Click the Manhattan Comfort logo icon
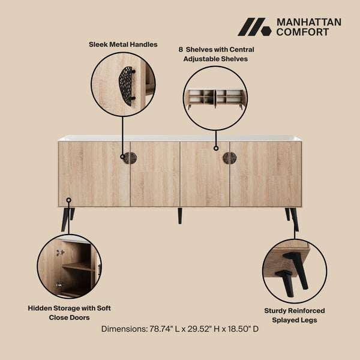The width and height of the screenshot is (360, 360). click(254, 27)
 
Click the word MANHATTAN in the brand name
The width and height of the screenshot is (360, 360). click(308, 22)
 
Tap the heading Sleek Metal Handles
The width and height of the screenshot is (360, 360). click(123, 44)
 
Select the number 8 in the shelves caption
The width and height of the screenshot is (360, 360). click(180, 49)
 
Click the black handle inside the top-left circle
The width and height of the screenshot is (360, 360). click(126, 85)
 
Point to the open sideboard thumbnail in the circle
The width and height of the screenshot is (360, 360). click(215, 98)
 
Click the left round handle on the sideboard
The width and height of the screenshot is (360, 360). click(130, 158)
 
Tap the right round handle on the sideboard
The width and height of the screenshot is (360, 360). click(229, 158)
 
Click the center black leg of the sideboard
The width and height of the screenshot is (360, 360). click(179, 215)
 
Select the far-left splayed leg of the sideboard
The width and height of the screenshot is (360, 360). click(65, 218)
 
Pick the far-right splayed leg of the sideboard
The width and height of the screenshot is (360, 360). click(293, 218)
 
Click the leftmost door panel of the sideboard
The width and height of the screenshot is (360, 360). click(94, 173)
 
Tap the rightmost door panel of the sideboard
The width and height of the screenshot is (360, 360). click(265, 173)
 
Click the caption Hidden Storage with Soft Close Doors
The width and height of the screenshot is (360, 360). click(69, 313)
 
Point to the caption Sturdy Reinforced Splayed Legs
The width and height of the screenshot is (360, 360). click(295, 315)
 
